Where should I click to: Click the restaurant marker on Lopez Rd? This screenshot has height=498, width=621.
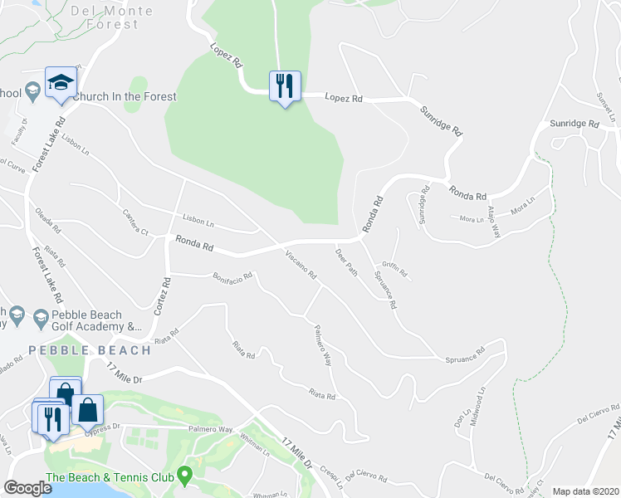[x=284, y=85]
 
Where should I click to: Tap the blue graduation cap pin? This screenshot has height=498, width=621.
[x=61, y=82]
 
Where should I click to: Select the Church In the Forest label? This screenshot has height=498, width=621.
[x=125, y=96]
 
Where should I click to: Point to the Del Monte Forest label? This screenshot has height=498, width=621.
[x=112, y=17]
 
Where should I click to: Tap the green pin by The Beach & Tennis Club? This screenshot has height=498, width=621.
[x=186, y=476]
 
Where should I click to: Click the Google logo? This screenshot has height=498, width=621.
[x=27, y=488]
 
